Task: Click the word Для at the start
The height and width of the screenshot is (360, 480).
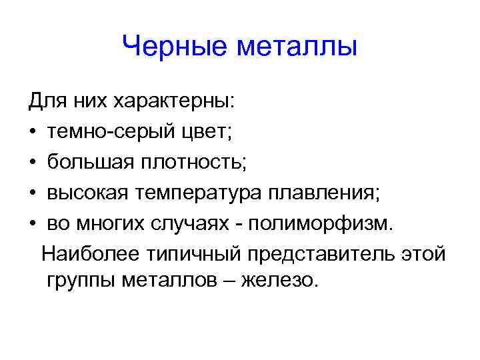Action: click(44, 101)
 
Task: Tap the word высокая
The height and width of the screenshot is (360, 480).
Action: click(87, 192)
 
